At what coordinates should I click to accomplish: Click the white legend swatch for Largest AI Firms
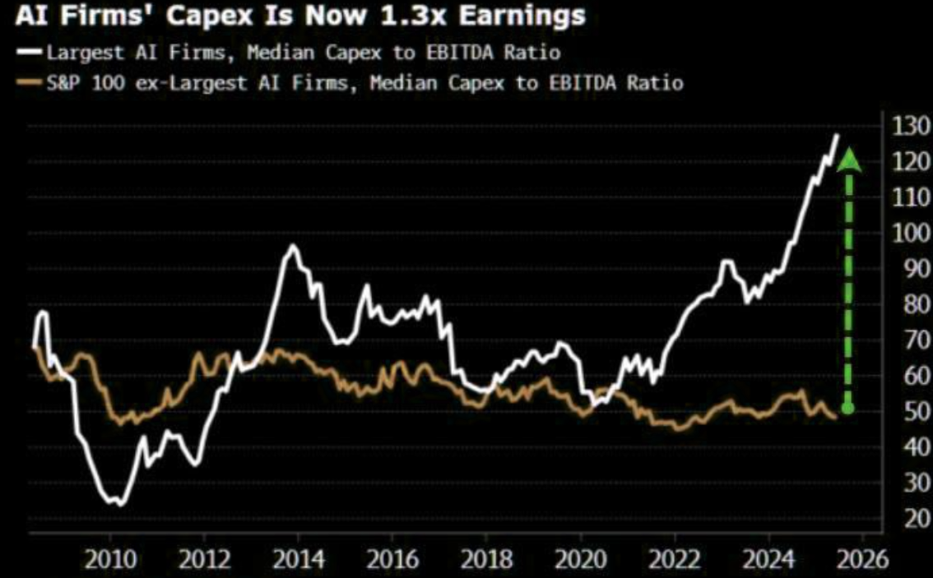[30, 53]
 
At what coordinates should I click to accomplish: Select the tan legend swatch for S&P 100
[30, 82]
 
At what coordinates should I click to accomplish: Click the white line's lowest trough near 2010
[120, 503]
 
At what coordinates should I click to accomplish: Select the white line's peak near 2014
[293, 246]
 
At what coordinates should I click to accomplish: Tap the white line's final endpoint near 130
[837, 135]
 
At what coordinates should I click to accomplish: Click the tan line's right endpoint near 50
[836, 418]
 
